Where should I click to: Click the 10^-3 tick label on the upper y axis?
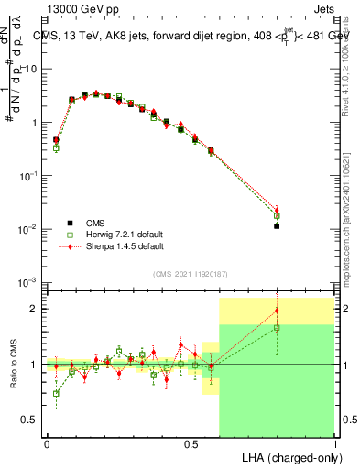[27, 281]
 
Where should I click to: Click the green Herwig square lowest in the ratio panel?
[56, 394]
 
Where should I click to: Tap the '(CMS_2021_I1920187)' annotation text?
[190, 274]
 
